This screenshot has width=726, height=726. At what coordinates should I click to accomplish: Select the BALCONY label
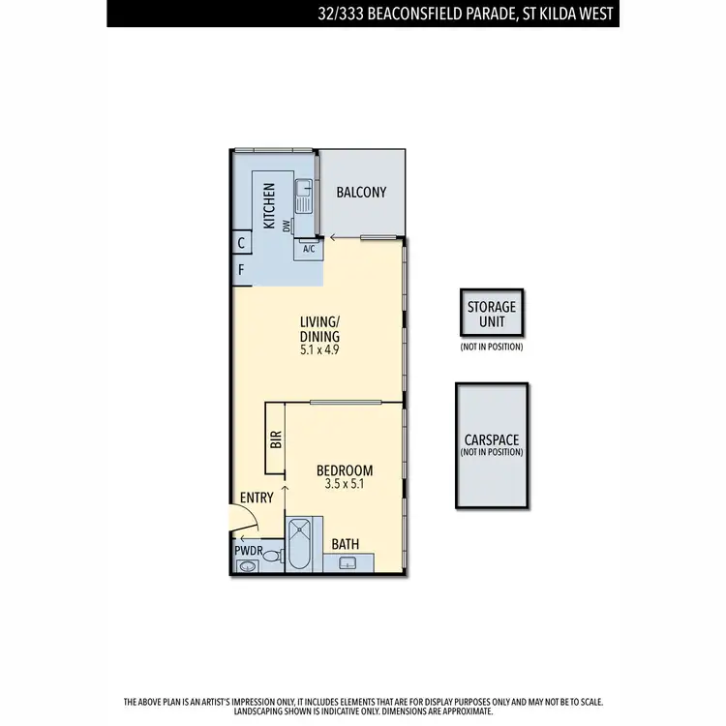pyautogui.click(x=361, y=193)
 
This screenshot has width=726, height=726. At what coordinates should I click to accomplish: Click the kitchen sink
pyautogui.click(x=302, y=197)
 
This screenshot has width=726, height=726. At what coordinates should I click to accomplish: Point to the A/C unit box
pyautogui.click(x=309, y=249)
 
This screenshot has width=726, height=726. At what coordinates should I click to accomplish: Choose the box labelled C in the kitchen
pyautogui.click(x=240, y=244)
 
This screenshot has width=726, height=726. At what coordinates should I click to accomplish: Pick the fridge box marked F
pyautogui.click(x=241, y=270)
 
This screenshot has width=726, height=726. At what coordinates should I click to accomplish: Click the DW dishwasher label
pyautogui.click(x=287, y=226)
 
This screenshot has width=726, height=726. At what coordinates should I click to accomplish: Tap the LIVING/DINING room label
pyautogui.click(x=319, y=329)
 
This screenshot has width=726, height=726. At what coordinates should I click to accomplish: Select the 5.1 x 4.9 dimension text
pyautogui.click(x=319, y=352)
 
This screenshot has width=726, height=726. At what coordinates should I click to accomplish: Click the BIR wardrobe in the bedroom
pyautogui.click(x=275, y=439)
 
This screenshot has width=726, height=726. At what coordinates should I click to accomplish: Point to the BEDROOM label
pyautogui.click(x=345, y=471)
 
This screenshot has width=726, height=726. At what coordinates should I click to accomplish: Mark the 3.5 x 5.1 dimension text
pyautogui.click(x=345, y=485)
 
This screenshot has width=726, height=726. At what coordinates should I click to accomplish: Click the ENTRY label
pyautogui.click(x=257, y=497)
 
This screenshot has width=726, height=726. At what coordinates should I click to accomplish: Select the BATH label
pyautogui.click(x=346, y=545)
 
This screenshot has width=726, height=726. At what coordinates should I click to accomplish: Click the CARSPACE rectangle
pyautogui.click(x=491, y=444)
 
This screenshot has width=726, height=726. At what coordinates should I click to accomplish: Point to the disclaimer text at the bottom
pyautogui.click(x=363, y=705)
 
